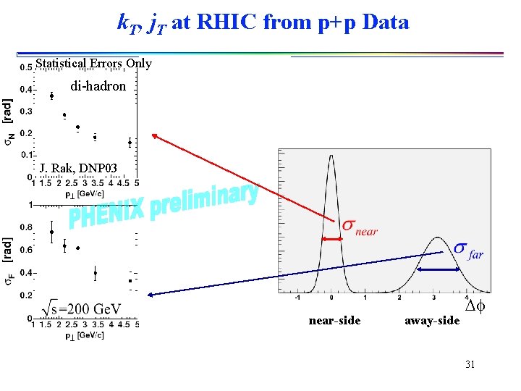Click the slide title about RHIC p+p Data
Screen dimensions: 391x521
[x=263, y=22]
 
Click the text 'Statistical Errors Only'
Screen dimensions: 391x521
[x=93, y=64]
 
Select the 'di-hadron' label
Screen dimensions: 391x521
[x=98, y=86]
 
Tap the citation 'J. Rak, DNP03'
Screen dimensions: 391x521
[x=78, y=169]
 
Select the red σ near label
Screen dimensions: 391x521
[x=360, y=228]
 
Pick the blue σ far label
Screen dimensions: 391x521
[x=468, y=250]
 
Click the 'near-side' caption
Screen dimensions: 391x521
[x=334, y=320]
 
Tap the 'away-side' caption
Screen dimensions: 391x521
[x=432, y=320]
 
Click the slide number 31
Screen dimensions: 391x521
[x=470, y=364]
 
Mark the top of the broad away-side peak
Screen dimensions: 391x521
[x=438, y=238]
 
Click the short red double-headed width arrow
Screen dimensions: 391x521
[x=332, y=240]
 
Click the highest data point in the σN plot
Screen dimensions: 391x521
[x=51, y=96]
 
